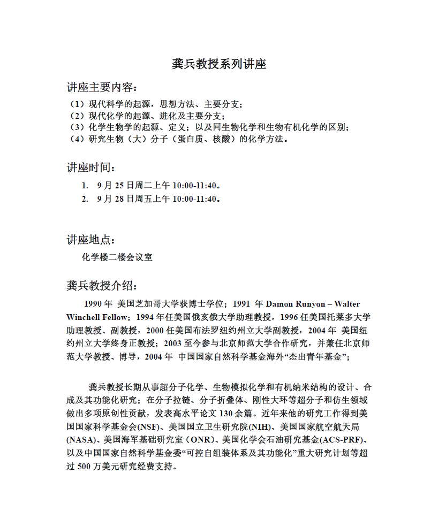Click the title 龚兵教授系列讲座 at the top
click(219, 64)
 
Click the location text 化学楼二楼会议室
click(117, 257)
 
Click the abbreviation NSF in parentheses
click(147, 426)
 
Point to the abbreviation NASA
click(81, 440)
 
